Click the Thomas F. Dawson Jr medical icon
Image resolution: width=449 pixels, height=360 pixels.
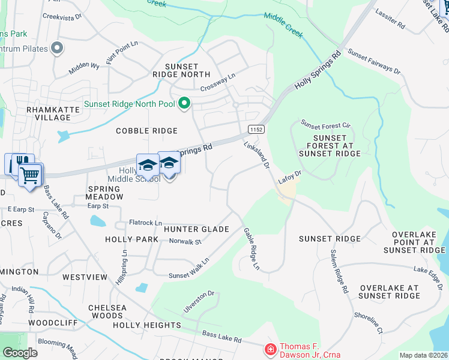coord(271,349)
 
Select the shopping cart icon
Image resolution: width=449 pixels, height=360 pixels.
coord(30,175)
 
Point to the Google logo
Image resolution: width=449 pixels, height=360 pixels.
coord(20,353)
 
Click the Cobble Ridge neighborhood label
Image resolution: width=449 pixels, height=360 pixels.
coord(146,131)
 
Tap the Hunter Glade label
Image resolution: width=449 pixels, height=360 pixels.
coord(196,229)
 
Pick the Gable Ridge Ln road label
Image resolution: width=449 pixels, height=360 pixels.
coord(252,248)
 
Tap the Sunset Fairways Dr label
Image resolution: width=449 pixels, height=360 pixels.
coord(375,62)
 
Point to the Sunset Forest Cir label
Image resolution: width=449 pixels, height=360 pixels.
coord(325,126)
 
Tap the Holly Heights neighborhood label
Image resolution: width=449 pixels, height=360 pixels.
coord(147,325)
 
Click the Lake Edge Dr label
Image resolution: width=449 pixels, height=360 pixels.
coord(427,273)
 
